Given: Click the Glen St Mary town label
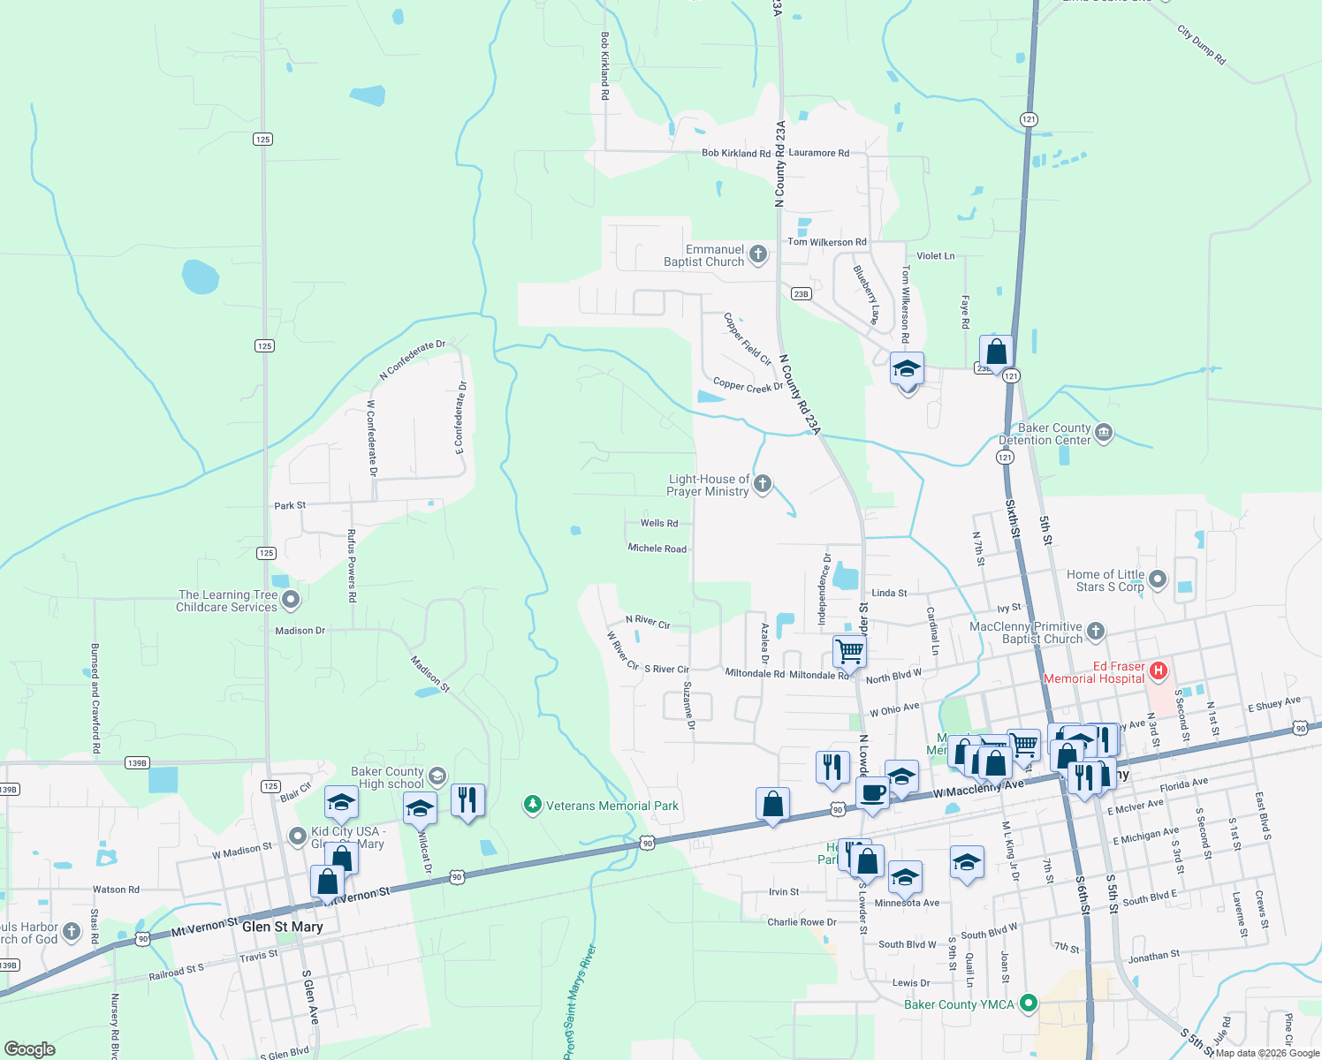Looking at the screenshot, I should (x=282, y=927).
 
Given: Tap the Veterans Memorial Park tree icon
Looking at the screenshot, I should (x=532, y=805).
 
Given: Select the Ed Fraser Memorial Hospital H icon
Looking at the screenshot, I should (x=1159, y=672).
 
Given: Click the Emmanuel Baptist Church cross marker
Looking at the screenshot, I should (x=757, y=255).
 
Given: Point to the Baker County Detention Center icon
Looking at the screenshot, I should (x=1103, y=433).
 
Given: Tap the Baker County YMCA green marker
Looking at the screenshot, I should (x=1028, y=1003).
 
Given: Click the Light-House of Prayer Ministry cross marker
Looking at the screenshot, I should (x=763, y=484).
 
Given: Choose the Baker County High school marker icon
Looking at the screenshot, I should (x=437, y=777).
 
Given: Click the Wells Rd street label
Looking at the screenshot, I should (x=659, y=523).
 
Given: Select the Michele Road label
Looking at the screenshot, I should (x=657, y=549).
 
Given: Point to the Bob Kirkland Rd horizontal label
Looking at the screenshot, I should (x=736, y=153).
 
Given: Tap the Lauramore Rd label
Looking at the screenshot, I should (x=818, y=153).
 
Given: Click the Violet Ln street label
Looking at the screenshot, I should (x=935, y=255).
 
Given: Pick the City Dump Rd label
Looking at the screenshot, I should (x=1201, y=45).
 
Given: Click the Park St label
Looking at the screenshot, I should (x=290, y=505).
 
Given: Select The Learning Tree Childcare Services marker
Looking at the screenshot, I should (x=291, y=601).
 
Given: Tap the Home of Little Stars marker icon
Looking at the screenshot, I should (x=1158, y=579).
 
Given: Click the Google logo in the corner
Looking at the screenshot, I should (x=30, y=1049).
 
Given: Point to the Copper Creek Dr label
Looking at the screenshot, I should (x=748, y=386).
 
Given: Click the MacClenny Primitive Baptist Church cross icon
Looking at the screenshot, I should (x=1096, y=631).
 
